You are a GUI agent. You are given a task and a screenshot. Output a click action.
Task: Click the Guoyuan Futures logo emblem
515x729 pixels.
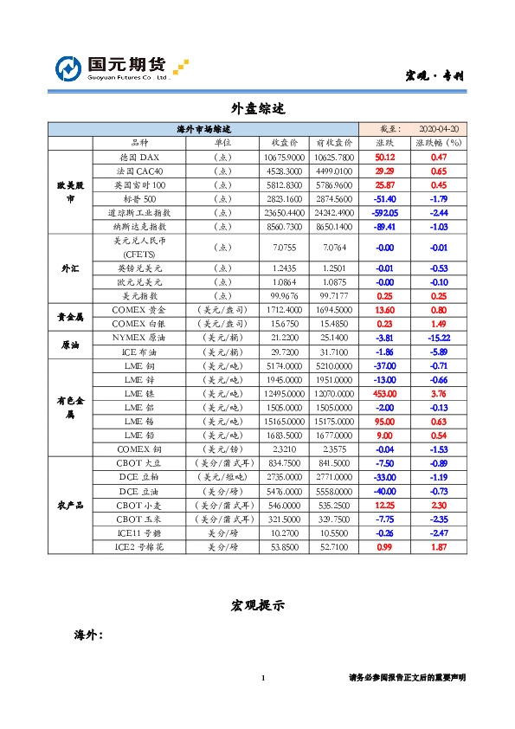click(x=68, y=68)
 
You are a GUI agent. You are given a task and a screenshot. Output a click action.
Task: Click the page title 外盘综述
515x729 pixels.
click(x=258, y=108)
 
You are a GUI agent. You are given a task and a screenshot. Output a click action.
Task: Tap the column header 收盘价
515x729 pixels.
click(x=285, y=142)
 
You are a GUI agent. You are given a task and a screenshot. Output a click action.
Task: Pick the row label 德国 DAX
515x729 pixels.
click(x=138, y=158)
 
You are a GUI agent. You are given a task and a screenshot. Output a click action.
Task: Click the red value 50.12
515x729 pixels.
click(x=384, y=158)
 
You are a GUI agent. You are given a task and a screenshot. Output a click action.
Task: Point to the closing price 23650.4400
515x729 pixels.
click(x=285, y=212)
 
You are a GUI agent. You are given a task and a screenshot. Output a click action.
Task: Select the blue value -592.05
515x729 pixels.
click(x=384, y=212)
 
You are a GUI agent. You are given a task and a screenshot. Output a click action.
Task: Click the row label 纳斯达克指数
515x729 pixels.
click(x=138, y=226)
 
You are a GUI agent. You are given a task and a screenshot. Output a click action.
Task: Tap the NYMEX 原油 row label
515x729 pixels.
click(x=138, y=337)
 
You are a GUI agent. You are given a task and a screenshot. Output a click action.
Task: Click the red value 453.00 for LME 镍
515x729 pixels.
click(x=384, y=393)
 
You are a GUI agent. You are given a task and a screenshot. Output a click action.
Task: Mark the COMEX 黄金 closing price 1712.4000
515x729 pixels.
click(x=285, y=309)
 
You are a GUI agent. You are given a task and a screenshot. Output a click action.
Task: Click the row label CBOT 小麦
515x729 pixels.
click(x=138, y=505)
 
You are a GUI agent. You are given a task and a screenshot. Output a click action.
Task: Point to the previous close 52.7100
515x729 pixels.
click(x=334, y=547)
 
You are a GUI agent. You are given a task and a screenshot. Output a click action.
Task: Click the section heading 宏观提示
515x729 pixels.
click(x=258, y=606)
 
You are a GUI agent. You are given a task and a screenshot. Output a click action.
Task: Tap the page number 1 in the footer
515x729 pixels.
click(x=262, y=677)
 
